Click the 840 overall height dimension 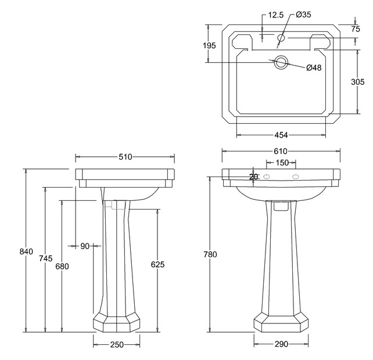pos(26,251)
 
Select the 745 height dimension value pos(46,258)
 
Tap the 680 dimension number pos(62,267)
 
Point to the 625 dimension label pos(157,264)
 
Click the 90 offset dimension pos(85,246)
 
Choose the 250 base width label pos(117,344)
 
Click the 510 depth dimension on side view pos(125,157)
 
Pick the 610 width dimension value pos(281,151)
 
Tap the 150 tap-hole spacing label pos(282,163)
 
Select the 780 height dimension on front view pos(210,254)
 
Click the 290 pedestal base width pos(281,344)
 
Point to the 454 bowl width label pos(281,135)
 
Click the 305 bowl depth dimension pos(357,82)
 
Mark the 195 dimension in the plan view pos(209,45)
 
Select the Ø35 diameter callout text pos(303,15)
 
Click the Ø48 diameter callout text pos(314,68)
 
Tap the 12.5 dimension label pos(276,15)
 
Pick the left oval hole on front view pos(267,177)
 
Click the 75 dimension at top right pos(356,29)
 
